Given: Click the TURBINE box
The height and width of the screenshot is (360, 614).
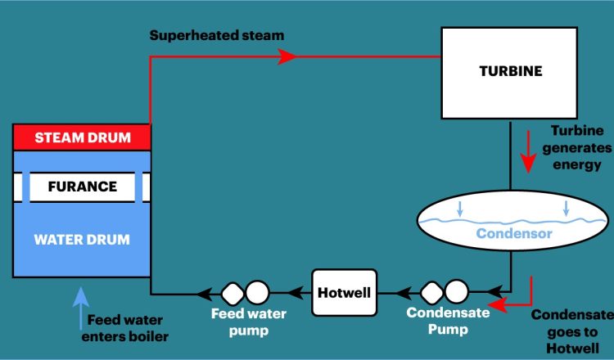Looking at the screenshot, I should tap(510, 72).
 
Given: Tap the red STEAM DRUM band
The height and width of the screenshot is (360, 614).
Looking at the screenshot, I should tap(83, 137).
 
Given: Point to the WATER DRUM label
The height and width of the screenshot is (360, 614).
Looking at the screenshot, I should tap(82, 240).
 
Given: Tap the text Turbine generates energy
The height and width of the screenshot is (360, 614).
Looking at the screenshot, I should tap(576, 147).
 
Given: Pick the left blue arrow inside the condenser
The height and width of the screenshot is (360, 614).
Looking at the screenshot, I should tap(460, 209).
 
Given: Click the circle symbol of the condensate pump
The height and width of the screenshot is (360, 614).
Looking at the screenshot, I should tap(456, 291).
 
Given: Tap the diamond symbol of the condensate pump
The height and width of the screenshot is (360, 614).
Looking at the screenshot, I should tap(431, 291).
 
